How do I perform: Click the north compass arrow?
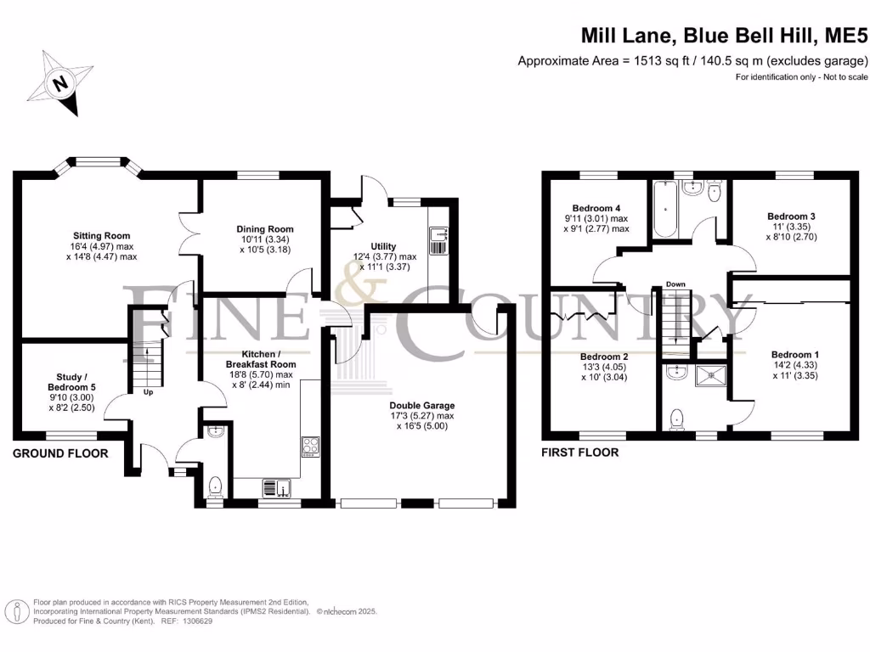[59, 83]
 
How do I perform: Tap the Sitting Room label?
[100, 236]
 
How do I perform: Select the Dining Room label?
[265, 229]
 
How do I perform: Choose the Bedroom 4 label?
[596, 209]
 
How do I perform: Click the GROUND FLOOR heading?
[60, 453]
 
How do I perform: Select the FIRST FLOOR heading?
[580, 452]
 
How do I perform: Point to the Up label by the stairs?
[149, 393]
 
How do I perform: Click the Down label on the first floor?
[675, 284]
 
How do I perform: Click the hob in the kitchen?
[309, 447]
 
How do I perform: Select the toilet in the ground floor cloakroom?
[216, 485]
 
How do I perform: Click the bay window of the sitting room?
[93, 163]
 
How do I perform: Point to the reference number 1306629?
[195, 621]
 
